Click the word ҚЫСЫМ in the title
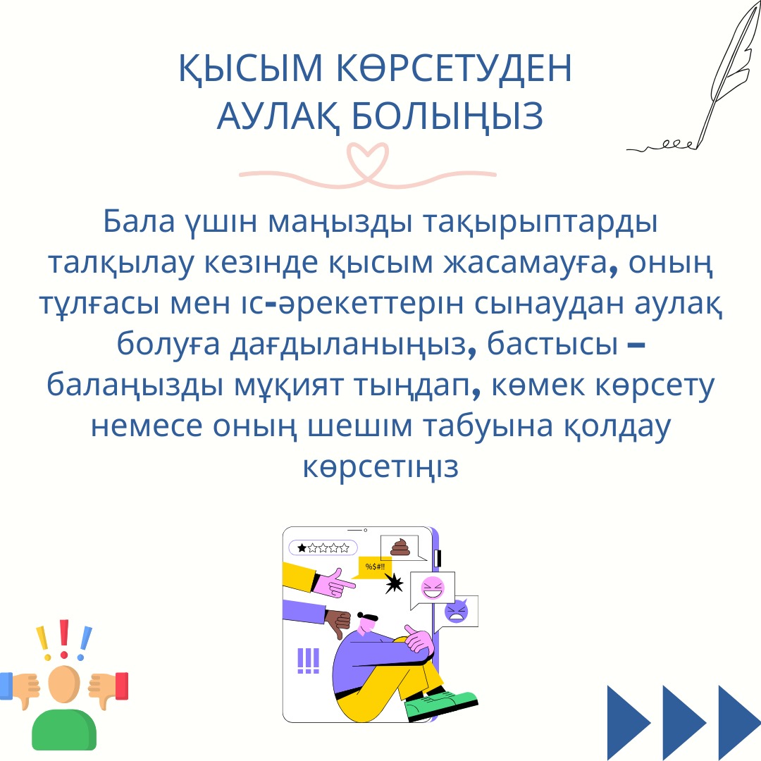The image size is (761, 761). click(251, 68)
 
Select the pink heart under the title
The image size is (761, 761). click(367, 163)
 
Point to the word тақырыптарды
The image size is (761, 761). click(540, 222)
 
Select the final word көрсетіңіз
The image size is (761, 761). click(380, 467)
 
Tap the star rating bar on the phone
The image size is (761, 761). click(323, 548)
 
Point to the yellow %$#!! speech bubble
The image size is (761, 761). click(373, 567)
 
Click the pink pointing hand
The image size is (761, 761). click(334, 583)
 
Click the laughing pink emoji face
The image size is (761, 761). click(433, 588)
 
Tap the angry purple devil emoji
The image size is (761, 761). click(457, 612)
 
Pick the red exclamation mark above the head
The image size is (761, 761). click(64, 639)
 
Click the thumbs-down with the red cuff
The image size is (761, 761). click(109, 688)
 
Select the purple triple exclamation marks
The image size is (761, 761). click(308, 660)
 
